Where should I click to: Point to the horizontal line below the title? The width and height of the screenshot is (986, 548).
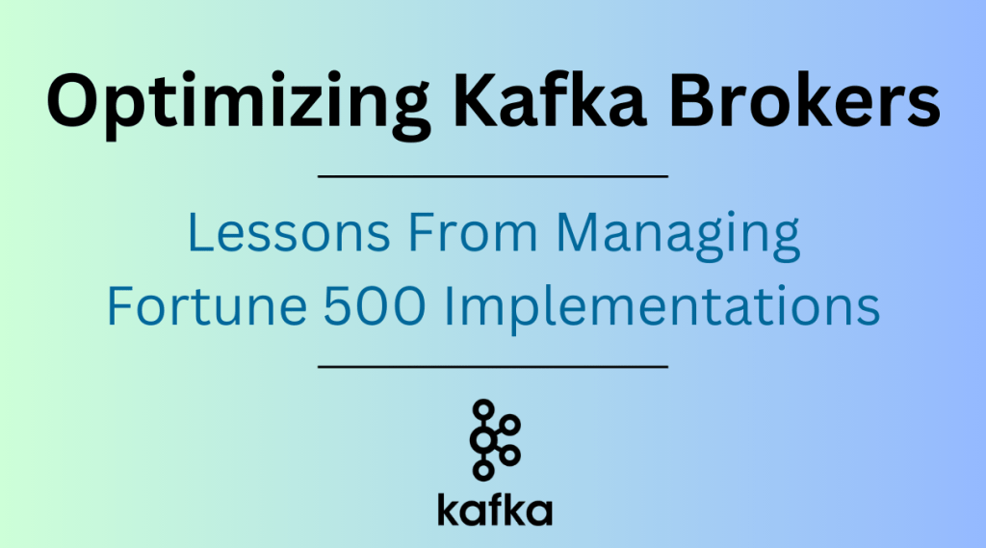[x=492, y=176]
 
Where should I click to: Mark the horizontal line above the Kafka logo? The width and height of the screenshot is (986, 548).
[x=492, y=367]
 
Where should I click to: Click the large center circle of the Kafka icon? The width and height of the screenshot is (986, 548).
[x=482, y=440]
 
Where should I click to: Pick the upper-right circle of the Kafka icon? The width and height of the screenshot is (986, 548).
[x=510, y=425]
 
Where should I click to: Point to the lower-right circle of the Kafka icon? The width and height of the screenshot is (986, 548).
[x=510, y=455]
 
